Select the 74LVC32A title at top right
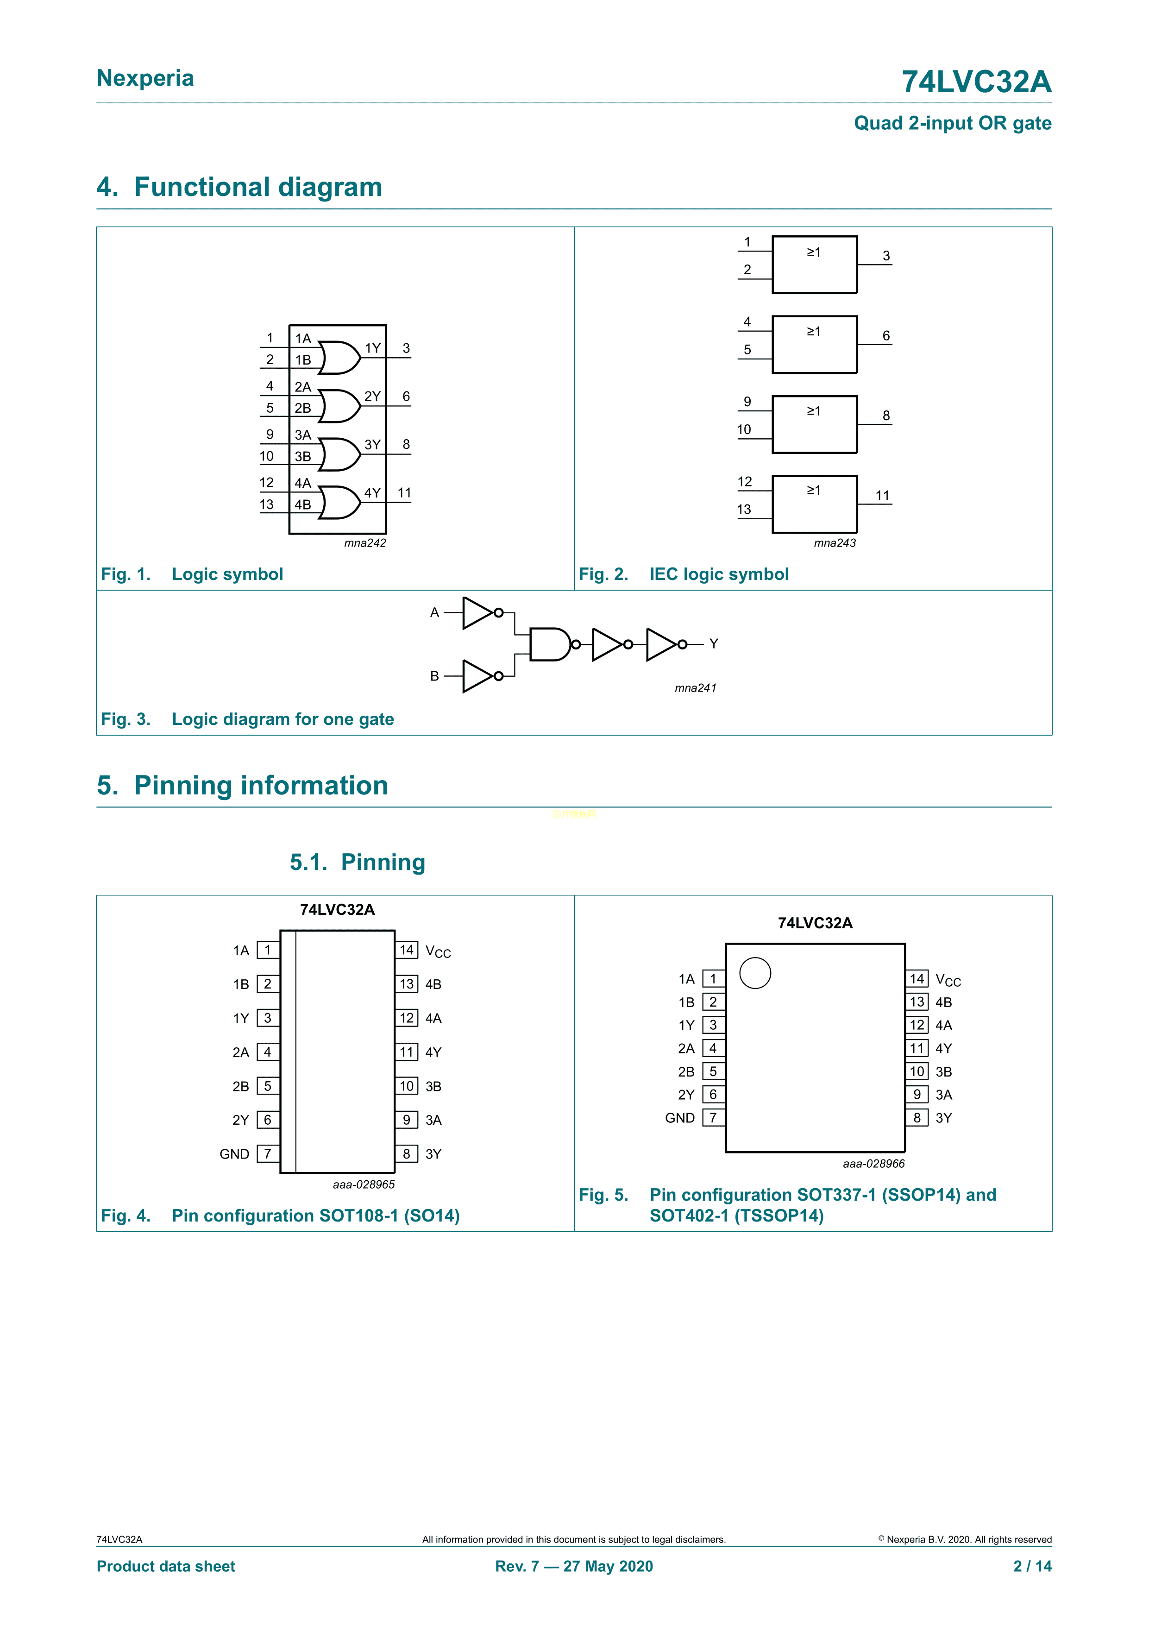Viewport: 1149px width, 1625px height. coord(976,82)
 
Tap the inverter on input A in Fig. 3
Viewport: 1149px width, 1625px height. coord(478,613)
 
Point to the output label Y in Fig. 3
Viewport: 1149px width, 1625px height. coord(713,644)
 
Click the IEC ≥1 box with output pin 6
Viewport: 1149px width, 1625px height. coord(814,345)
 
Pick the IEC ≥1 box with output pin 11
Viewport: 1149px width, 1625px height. coord(814,504)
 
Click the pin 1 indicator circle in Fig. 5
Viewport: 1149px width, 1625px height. coord(755,973)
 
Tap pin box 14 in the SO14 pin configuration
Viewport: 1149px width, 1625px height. coord(407,950)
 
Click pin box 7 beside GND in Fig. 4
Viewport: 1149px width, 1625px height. coord(267,1153)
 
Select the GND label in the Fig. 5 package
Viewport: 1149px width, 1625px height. coord(679,1118)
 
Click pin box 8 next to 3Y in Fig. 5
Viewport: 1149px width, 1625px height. coord(917,1118)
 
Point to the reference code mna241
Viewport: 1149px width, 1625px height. coord(696,688)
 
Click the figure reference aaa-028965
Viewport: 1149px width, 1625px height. coord(364,1184)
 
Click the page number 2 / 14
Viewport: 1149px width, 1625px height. coord(1032,1566)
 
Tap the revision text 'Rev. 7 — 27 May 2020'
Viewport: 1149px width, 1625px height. coord(574,1566)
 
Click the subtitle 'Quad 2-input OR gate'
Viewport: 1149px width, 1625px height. coord(952,123)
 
